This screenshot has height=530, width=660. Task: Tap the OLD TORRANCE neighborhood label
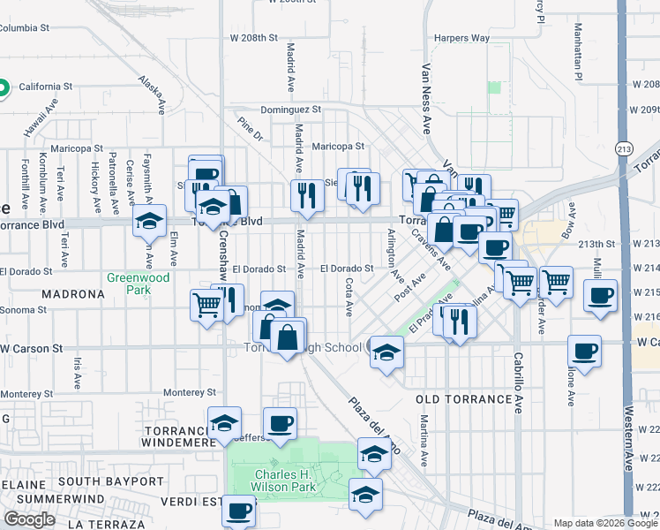[463, 399]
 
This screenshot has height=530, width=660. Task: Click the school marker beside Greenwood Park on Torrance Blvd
[149, 220]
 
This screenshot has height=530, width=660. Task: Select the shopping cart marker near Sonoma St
[206, 306]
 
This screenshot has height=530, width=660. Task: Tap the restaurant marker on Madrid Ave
[307, 195]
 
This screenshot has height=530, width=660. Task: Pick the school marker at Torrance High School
[386, 352]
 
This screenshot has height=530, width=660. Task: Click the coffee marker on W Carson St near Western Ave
[584, 351]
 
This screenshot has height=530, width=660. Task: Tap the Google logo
[29, 519]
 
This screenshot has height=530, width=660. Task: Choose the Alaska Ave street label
[151, 95]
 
